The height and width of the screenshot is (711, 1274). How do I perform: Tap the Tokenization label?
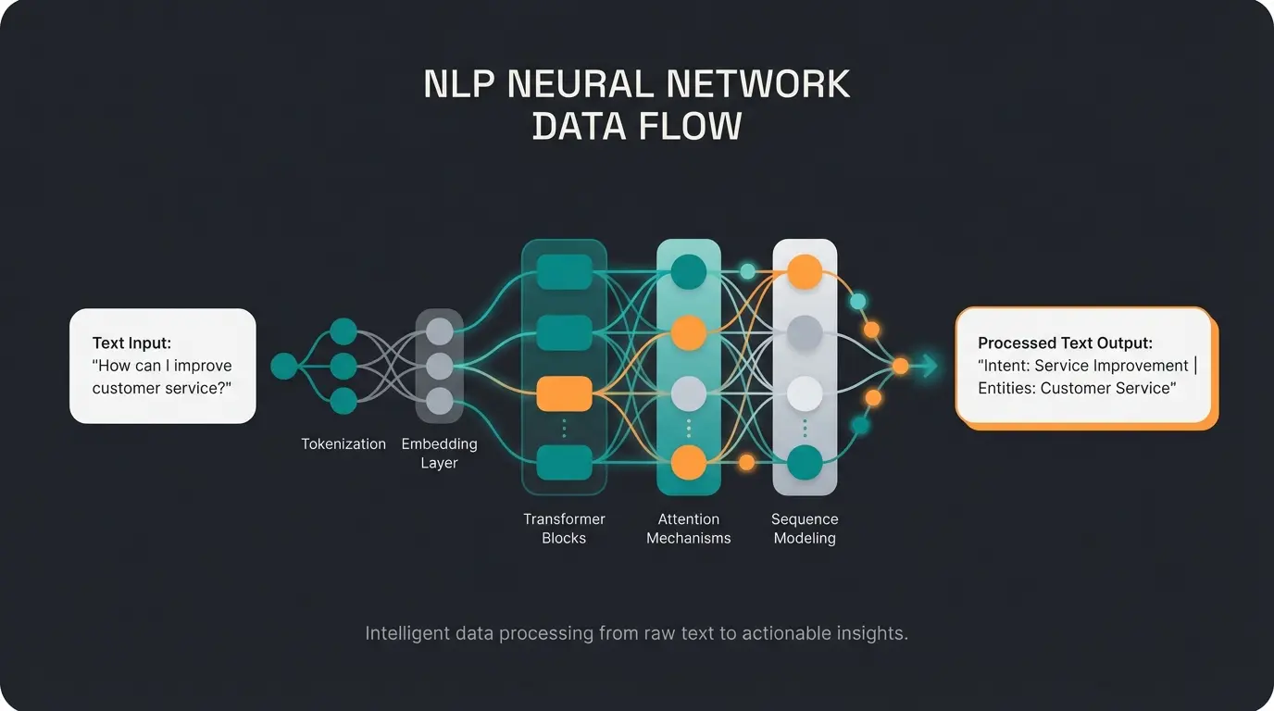pyautogui.click(x=343, y=444)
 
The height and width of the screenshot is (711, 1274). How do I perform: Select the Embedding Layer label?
pyautogui.click(x=439, y=454)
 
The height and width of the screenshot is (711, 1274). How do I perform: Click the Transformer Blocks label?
pyautogui.click(x=564, y=529)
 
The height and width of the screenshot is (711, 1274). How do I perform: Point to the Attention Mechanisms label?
pyautogui.click(x=688, y=529)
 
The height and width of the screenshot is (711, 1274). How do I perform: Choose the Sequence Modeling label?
pyautogui.click(x=804, y=529)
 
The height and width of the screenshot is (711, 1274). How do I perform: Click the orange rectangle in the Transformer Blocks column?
pyautogui.click(x=564, y=393)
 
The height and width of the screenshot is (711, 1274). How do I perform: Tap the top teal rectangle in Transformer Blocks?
pyautogui.click(x=564, y=271)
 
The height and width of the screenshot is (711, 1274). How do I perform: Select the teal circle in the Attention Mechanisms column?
pyautogui.click(x=688, y=271)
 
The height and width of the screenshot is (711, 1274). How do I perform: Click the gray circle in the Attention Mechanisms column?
pyautogui.click(x=688, y=393)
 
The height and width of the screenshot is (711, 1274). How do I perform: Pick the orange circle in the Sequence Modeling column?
pyautogui.click(x=804, y=271)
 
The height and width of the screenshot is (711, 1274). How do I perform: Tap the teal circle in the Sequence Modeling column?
pyautogui.click(x=804, y=462)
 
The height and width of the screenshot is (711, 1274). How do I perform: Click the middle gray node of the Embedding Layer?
pyautogui.click(x=439, y=367)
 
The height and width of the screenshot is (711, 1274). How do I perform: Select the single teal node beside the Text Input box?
pyautogui.click(x=284, y=367)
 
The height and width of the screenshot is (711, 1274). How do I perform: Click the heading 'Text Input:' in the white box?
pyautogui.click(x=131, y=343)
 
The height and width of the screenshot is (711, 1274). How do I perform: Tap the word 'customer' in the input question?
pyautogui.click(x=126, y=388)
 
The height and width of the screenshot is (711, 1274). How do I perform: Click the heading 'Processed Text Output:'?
pyautogui.click(x=1065, y=343)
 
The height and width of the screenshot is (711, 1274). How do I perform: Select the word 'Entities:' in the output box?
pyautogui.click(x=1006, y=388)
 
